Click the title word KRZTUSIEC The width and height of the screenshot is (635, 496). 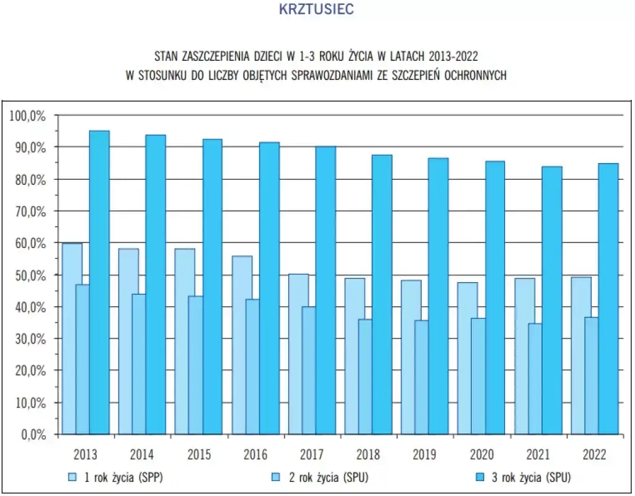pyautogui.click(x=317, y=9)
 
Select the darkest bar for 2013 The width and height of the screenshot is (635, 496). pyautogui.click(x=99, y=282)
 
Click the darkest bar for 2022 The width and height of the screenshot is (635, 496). pyautogui.click(x=609, y=298)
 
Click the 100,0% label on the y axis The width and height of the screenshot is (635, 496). pyautogui.click(x=28, y=115)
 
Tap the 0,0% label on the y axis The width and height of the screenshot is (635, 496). pyautogui.click(x=33, y=434)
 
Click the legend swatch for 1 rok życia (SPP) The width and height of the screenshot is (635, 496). pyautogui.click(x=73, y=477)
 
